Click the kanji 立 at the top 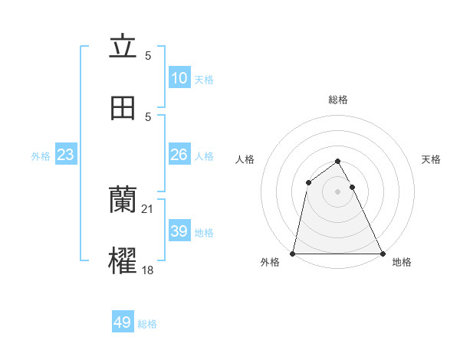point(123,48)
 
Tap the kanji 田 point(123,109)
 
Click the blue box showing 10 point(179,78)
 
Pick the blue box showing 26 point(179,155)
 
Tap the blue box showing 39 point(179,231)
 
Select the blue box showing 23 point(65,155)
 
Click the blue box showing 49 point(123,322)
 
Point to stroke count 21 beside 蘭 point(147,208)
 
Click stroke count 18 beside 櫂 point(147,270)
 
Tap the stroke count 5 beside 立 point(148,55)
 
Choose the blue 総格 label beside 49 point(147,324)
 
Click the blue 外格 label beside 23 point(41,155)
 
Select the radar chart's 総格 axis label point(337,100)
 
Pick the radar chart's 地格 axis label point(402,263)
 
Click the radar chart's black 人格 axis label point(245,159)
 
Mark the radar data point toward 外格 point(293,253)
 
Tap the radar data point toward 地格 point(382,253)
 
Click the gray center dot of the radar point(337,191)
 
